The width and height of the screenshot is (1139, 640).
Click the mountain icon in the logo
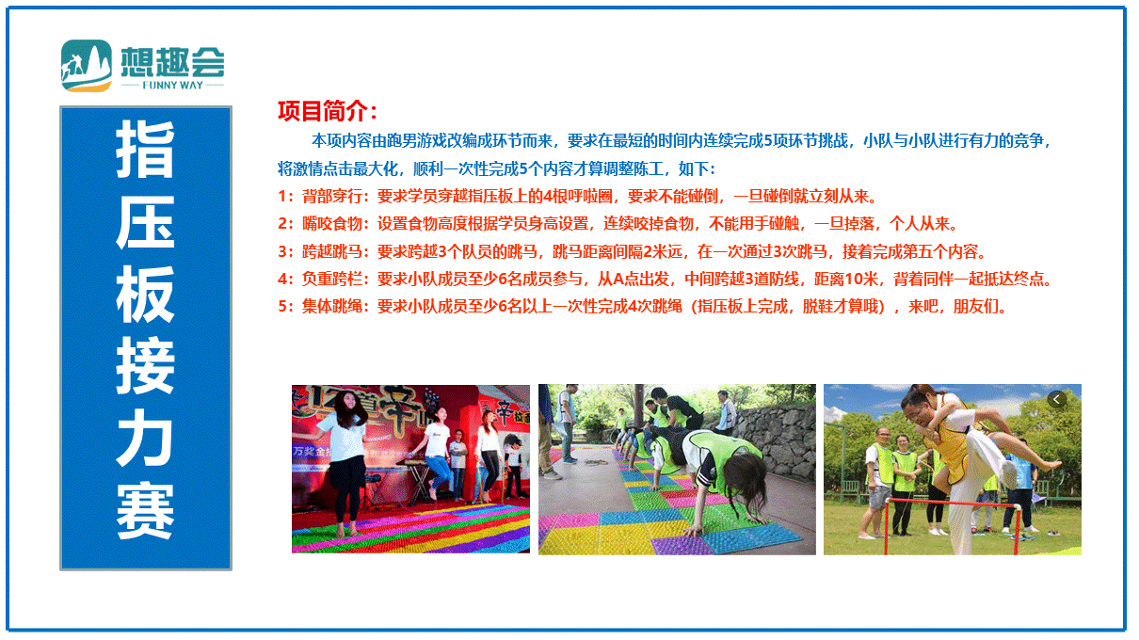click(x=87, y=66)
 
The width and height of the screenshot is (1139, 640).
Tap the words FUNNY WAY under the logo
click(x=173, y=85)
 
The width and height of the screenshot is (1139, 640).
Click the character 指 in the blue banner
click(x=145, y=149)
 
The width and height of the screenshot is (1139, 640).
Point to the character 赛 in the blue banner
click(x=145, y=510)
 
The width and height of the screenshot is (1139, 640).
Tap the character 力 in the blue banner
click(x=145, y=438)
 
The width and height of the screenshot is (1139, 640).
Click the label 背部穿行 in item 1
click(x=332, y=196)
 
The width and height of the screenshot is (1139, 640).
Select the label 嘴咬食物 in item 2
click(x=332, y=224)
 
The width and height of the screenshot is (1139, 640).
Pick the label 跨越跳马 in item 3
click(x=332, y=251)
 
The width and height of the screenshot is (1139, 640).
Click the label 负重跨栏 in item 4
click(x=332, y=279)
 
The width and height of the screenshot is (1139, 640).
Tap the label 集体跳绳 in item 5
click(x=332, y=306)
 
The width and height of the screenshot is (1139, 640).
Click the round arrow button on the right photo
click(x=1056, y=399)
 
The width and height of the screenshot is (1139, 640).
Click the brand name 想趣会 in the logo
click(x=173, y=62)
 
